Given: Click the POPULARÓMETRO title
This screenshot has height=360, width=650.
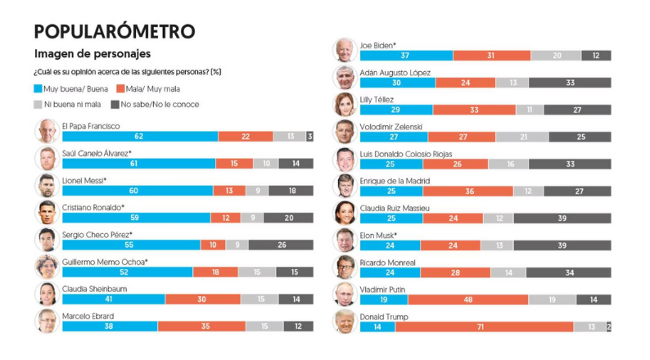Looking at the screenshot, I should (115, 31).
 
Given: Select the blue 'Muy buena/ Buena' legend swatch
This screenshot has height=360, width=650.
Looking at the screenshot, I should (38, 88).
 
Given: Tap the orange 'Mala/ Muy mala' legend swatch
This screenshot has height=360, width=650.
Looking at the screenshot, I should (120, 88).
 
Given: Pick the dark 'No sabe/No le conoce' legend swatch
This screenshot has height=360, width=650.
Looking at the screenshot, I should (115, 105).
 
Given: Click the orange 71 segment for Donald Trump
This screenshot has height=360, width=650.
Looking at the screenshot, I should (484, 327).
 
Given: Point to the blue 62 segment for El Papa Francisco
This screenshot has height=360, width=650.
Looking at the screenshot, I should (140, 137).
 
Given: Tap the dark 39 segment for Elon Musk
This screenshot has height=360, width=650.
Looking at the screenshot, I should (562, 245).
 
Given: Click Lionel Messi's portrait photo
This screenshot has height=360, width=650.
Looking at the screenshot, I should (47, 185).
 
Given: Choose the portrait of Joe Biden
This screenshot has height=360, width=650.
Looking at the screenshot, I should (344, 50).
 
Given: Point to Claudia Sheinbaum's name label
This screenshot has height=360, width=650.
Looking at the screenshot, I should (93, 289).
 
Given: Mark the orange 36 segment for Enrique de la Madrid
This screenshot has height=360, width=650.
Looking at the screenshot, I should (470, 191).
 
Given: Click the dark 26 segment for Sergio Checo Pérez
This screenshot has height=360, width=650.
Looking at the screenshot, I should (281, 245).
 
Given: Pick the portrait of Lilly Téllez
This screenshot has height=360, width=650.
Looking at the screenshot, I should (344, 104).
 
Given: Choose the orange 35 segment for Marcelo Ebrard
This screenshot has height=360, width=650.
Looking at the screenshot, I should (205, 326).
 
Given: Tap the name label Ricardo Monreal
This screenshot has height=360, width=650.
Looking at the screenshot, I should (388, 263).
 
